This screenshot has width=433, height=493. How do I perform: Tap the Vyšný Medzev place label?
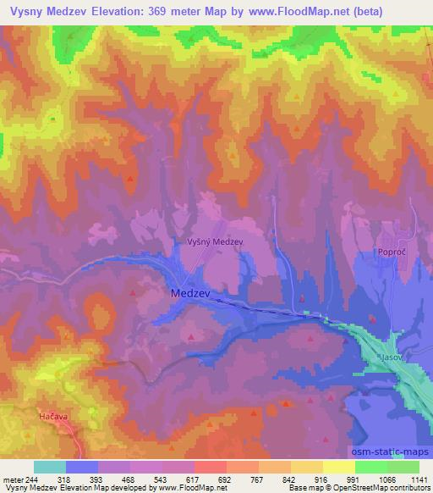215,241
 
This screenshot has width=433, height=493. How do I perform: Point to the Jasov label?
390,358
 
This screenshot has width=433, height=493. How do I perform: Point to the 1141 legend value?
418,479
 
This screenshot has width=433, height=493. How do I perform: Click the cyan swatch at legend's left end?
50,467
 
